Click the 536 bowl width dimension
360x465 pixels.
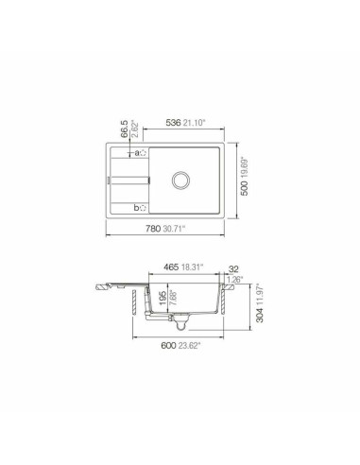173,122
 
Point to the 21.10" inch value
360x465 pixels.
197,122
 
